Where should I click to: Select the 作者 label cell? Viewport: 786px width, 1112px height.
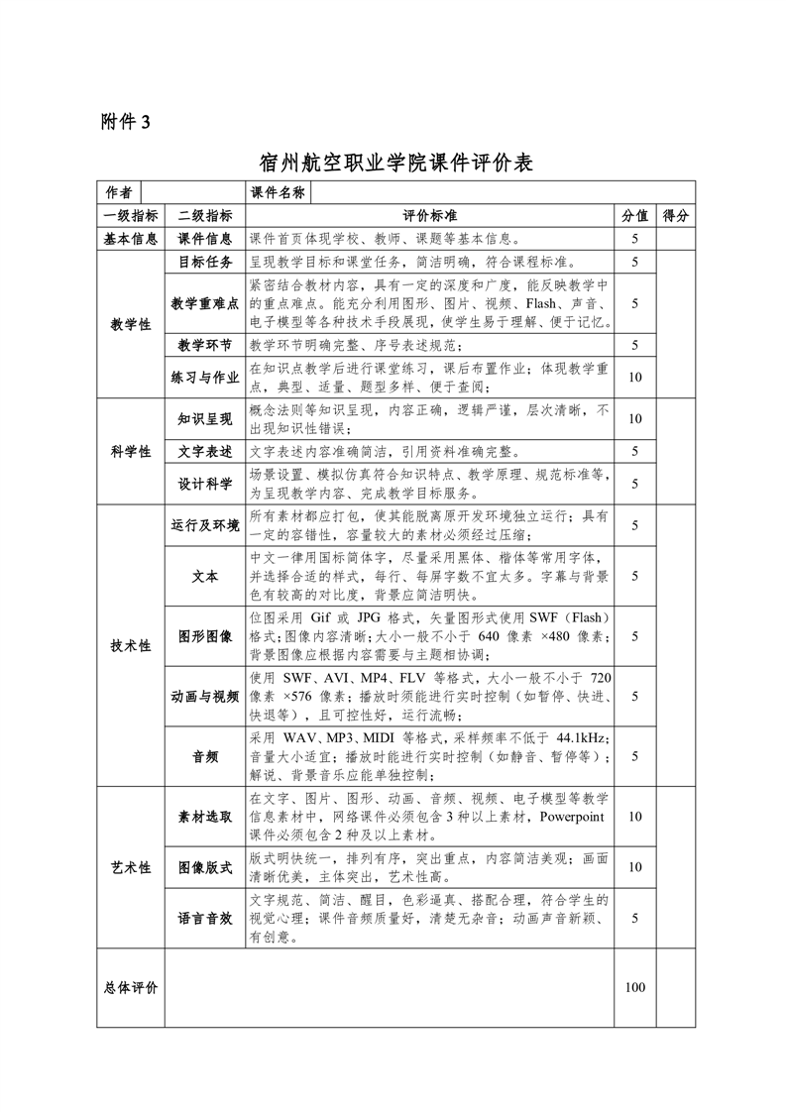click(119, 192)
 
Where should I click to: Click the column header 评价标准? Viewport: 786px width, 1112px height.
click(430, 215)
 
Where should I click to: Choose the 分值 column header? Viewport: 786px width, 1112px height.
click(634, 215)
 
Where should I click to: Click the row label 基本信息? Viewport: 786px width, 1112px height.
click(130, 238)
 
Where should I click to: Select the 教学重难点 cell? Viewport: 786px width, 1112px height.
click(205, 303)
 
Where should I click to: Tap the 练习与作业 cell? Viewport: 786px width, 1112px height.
click(205, 377)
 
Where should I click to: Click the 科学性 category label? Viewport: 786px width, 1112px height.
click(130, 451)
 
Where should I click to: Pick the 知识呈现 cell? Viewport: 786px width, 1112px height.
click(205, 419)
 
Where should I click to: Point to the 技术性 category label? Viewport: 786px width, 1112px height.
click(130, 645)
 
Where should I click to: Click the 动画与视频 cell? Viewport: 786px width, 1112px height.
click(205, 697)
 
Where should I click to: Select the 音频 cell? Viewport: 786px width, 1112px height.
click(205, 756)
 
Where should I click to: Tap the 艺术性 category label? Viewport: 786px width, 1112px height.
click(130, 867)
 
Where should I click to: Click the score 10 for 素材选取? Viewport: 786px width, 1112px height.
click(634, 817)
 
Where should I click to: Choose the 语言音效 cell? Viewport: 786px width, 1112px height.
click(205, 919)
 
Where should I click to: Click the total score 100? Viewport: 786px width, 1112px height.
click(634, 987)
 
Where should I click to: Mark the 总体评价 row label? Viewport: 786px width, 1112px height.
click(130, 987)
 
